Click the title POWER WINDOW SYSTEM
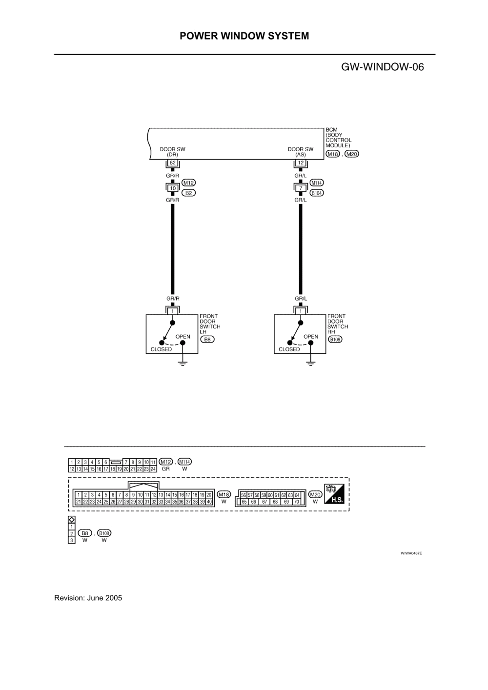click(244, 36)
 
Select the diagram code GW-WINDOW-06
click(382, 67)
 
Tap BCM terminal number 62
click(172, 163)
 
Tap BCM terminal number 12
click(301, 163)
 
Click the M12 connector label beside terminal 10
click(188, 183)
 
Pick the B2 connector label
click(188, 193)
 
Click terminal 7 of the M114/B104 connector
click(301, 188)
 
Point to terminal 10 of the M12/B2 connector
click(172, 188)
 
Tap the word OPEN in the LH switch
click(183, 337)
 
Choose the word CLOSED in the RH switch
click(289, 349)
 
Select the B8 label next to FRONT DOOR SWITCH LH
click(208, 339)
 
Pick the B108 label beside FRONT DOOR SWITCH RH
click(335, 339)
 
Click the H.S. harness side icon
click(334, 494)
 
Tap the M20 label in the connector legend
click(315, 494)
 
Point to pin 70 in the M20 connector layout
click(296, 501)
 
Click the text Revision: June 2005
click(88, 598)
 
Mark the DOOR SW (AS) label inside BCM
click(301, 152)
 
